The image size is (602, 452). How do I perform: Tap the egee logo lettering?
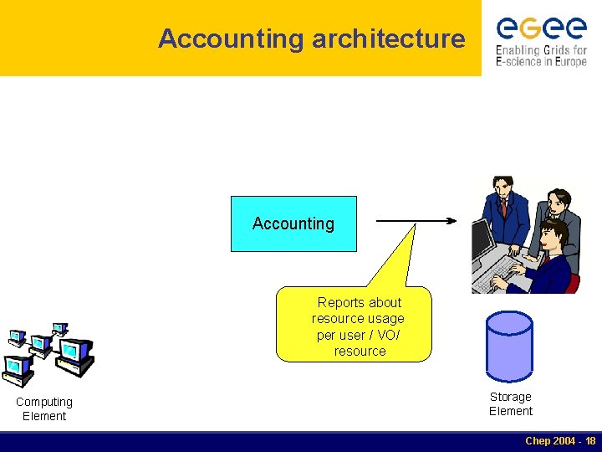[541, 28]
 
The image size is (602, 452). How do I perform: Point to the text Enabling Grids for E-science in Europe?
[541, 55]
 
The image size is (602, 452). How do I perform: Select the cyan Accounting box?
[293, 223]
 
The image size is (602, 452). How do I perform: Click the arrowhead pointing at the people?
[452, 222]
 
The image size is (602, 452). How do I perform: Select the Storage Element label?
[510, 403]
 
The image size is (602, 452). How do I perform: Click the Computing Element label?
[44, 408]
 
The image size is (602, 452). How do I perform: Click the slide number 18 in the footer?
[590, 440]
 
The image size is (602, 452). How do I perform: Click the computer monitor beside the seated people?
[482, 239]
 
